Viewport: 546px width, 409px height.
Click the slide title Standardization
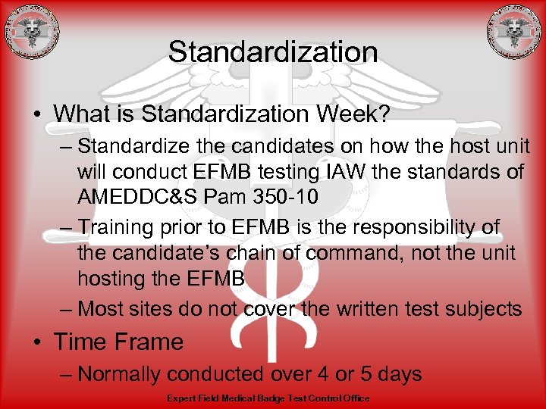(273, 52)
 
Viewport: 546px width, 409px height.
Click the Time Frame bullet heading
(118, 342)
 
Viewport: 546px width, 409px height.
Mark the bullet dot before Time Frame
(36, 342)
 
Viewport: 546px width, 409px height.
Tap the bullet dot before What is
(36, 114)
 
